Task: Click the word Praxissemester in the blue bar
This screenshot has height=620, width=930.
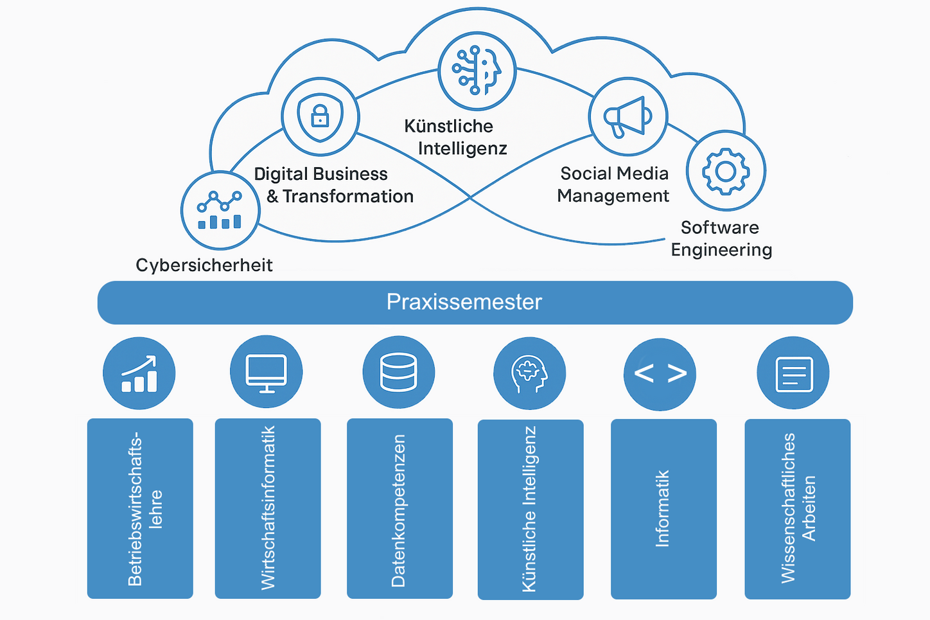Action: click(464, 302)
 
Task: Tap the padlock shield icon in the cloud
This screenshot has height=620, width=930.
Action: click(320, 117)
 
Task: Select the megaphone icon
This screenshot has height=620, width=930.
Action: click(627, 117)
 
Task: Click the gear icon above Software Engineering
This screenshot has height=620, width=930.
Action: click(726, 171)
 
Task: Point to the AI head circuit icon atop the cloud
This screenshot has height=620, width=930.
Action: click(477, 70)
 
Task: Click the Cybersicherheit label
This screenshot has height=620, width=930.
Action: click(204, 265)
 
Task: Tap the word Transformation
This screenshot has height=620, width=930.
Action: click(348, 196)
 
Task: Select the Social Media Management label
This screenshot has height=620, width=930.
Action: click(613, 184)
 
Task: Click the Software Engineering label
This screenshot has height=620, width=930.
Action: click(721, 239)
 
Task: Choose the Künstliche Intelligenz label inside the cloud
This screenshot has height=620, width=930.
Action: click(456, 137)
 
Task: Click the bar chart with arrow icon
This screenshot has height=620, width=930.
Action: click(139, 374)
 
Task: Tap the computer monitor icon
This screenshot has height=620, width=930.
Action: click(266, 373)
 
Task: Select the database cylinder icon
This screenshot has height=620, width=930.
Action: click(399, 372)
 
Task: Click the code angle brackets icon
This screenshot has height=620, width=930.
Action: click(660, 373)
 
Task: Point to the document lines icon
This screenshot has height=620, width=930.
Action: click(794, 374)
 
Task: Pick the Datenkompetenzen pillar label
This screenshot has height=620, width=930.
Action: click(398, 510)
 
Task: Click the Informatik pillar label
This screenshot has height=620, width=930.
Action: click(662, 508)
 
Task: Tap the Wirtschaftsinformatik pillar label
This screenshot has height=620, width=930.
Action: click(268, 508)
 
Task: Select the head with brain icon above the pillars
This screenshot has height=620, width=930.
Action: click(529, 373)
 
